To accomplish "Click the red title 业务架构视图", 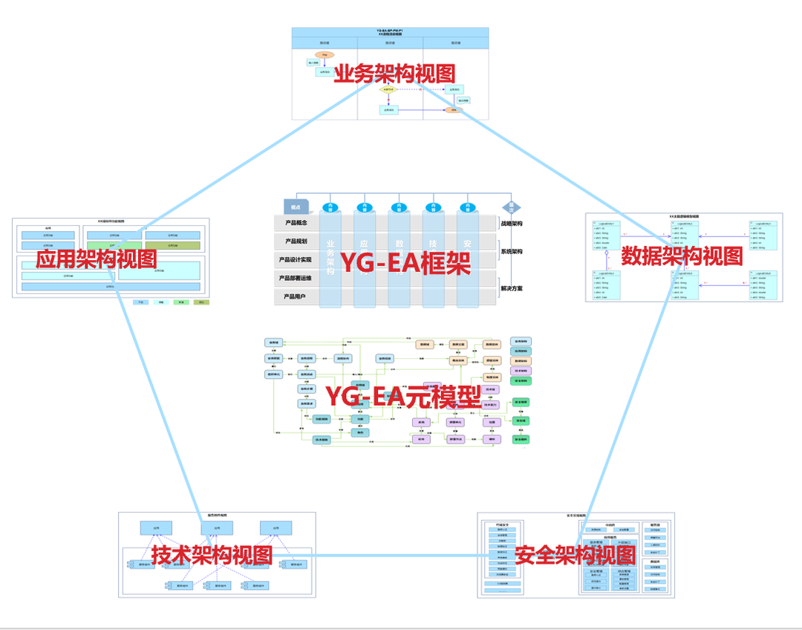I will (x=394, y=74).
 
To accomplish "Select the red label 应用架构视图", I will (x=97, y=259).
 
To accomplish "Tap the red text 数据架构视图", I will (x=682, y=256).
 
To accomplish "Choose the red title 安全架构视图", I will (x=575, y=554).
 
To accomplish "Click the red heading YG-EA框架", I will (x=405, y=264).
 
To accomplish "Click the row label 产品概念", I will (x=296, y=223).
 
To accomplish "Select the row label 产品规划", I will (x=296, y=241).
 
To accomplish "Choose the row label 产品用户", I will (x=296, y=296).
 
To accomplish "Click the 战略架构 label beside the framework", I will (x=512, y=224).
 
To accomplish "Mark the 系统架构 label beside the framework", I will (x=512, y=251).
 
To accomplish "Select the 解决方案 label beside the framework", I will (x=512, y=288).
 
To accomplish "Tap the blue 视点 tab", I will (x=296, y=207).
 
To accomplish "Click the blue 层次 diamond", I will (x=511, y=207).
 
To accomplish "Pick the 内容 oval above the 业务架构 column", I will (x=330, y=207).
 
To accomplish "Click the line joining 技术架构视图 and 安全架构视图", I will (x=386, y=555).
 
